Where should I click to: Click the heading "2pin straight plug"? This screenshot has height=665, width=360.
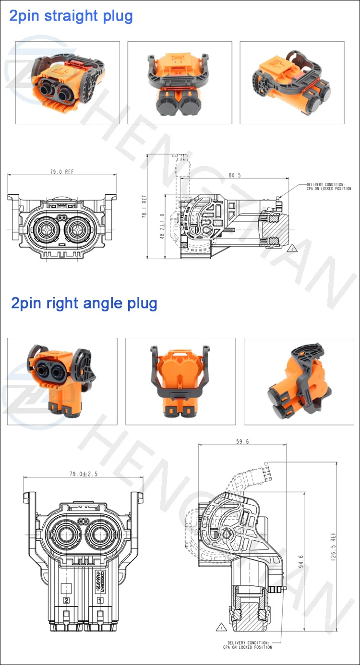pos(71,16)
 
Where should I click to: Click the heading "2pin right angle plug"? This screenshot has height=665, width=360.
pos(84,303)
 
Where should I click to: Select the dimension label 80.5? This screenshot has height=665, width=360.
pos(235,176)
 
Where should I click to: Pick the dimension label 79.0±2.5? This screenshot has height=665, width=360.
pos(84,474)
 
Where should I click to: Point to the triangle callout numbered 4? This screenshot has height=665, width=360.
pos(221,627)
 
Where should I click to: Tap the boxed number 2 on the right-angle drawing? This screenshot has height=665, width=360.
pos(67,600)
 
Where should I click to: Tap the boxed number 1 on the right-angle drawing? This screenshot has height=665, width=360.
pos(100,600)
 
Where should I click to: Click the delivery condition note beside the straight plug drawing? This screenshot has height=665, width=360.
pos(329,187)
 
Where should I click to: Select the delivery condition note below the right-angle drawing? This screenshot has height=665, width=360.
pos(247,644)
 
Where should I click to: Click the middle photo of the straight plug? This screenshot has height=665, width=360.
pos(180,82)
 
